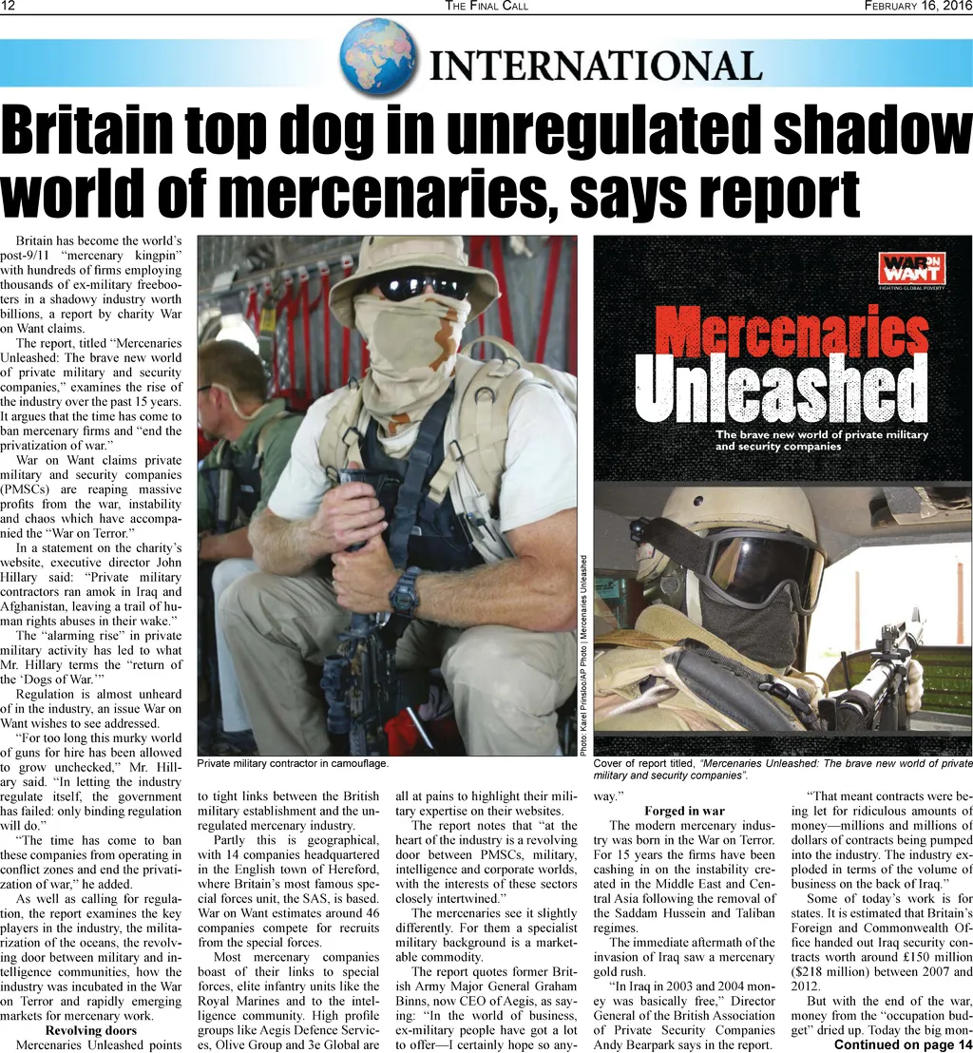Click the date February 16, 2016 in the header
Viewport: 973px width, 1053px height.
(x=917, y=7)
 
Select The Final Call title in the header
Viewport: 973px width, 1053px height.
(x=486, y=7)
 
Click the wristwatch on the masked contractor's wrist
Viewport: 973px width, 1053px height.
(x=406, y=590)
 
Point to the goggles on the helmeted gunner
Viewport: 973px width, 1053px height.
(x=760, y=566)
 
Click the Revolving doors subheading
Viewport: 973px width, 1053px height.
(x=90, y=1030)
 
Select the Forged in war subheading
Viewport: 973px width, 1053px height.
(x=684, y=811)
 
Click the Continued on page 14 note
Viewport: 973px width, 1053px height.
(x=903, y=1045)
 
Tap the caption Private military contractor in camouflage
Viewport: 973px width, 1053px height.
(x=293, y=764)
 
